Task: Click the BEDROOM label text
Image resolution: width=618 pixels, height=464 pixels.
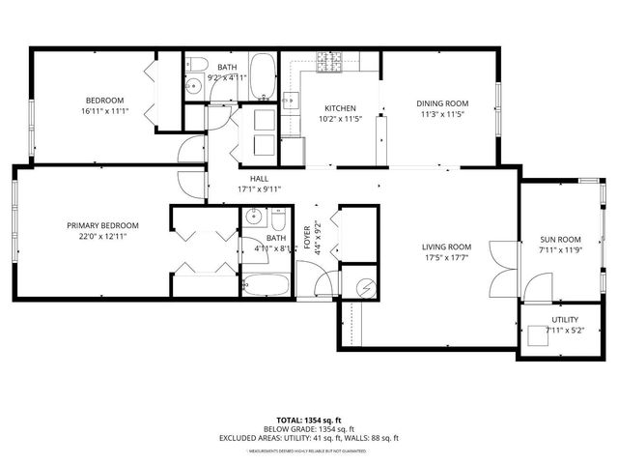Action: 104,101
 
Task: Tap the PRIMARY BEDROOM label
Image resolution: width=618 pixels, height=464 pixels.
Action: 97,225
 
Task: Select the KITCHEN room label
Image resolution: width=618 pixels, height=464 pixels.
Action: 340,108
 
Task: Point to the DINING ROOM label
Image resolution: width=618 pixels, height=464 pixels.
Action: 442,103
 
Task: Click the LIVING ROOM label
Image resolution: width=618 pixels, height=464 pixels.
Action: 446,246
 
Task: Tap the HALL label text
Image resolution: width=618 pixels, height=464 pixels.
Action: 259,179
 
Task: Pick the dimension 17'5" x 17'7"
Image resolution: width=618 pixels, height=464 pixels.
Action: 446,257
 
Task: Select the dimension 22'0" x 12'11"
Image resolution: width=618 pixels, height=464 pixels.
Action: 97,236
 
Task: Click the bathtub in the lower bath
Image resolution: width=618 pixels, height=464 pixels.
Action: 265,285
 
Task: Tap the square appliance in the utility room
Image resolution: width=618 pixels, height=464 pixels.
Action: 537,335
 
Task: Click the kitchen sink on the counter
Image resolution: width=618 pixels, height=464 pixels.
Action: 290,99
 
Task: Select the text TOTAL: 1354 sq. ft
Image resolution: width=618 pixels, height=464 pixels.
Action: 308,420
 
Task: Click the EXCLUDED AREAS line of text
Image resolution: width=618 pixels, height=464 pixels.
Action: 308,438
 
